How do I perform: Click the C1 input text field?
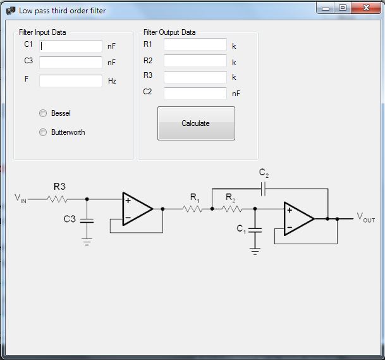(71, 46)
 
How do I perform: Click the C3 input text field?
(71, 63)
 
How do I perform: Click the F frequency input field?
(71, 81)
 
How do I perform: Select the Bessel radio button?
(43, 113)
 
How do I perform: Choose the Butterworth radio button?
(43, 132)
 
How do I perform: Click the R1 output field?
(195, 44)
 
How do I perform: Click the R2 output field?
(195, 61)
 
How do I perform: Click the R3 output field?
(195, 77)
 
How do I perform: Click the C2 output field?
(195, 93)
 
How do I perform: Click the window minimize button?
(326, 8)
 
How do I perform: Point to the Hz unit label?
(112, 81)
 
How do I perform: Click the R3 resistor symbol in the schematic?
(58, 198)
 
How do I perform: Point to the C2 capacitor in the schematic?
(264, 188)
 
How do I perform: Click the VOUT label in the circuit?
(365, 218)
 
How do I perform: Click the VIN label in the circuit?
(21, 198)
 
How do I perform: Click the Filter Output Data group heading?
(169, 32)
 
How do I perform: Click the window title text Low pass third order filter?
(62, 10)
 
